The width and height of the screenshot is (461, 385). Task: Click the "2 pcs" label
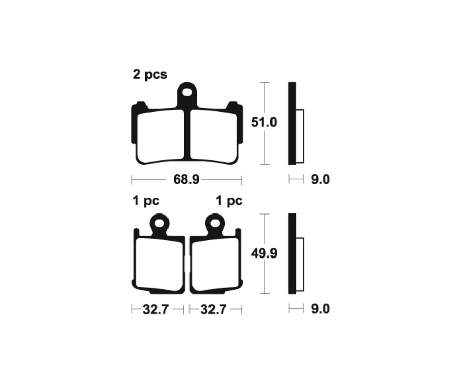(150, 75)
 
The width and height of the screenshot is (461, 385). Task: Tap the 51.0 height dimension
(264, 123)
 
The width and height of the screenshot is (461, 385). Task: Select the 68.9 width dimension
(186, 180)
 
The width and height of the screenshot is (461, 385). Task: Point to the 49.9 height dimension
(264, 253)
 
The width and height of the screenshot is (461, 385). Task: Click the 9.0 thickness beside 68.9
(320, 180)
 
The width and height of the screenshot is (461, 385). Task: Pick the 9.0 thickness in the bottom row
(320, 309)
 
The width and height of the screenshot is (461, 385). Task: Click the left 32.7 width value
(157, 309)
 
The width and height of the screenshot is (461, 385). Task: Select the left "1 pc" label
(145, 201)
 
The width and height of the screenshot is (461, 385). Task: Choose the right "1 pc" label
(228, 201)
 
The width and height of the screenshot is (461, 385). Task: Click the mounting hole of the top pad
(188, 94)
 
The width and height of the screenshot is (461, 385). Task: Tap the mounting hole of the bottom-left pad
(159, 223)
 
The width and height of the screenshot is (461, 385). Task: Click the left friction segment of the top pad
(160, 137)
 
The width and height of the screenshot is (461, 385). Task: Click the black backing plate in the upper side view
(292, 123)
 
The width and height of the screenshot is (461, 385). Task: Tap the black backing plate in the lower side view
(292, 253)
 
